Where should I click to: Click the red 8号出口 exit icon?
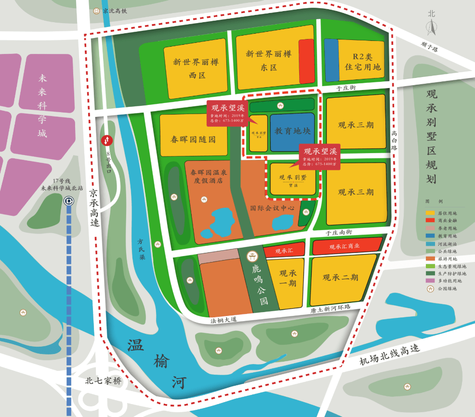106,140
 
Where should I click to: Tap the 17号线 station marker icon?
69,201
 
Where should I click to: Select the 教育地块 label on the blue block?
292,130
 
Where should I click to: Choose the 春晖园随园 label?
193,140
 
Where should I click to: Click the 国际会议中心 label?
272,208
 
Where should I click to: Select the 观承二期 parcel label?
340,277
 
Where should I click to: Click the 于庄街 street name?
346,88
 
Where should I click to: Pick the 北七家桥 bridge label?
103,381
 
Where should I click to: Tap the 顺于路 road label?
428,46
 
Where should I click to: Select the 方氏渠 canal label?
141,249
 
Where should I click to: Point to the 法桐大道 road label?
224,319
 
